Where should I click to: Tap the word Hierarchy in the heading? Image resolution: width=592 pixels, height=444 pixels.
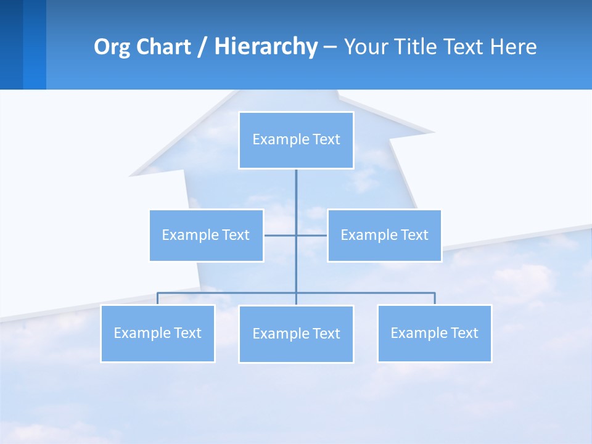coord(265,47)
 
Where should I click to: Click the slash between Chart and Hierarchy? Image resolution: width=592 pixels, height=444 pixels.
coord(202,47)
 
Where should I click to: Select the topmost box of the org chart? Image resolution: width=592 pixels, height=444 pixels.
coord(296,140)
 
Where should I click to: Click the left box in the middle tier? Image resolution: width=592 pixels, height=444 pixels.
coord(207,235)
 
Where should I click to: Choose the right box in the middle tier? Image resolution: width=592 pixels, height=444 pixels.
coord(384,235)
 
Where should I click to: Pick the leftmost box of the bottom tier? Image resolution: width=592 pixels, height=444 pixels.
coord(157,333)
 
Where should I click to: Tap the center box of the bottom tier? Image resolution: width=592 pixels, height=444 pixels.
coord(296,334)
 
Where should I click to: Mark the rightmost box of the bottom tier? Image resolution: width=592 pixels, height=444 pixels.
coord(434,333)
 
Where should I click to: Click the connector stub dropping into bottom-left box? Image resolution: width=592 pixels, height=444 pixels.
coord(157,298)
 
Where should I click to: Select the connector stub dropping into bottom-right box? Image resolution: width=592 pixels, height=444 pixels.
coord(435,298)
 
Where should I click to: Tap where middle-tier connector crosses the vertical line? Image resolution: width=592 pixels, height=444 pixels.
coord(296,235)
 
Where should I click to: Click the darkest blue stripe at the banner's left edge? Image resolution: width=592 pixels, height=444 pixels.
coord(11,44)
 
